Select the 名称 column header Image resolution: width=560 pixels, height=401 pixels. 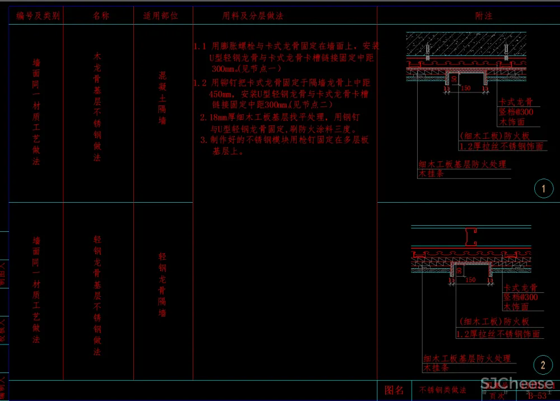tap(101, 16)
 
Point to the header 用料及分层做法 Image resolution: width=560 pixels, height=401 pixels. tap(253, 16)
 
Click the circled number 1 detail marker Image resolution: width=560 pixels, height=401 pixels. tap(543, 189)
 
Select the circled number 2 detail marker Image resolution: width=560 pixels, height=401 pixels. tap(543, 366)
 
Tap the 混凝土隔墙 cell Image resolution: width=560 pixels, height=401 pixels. tap(162, 98)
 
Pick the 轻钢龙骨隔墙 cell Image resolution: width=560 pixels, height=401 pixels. tap(162, 285)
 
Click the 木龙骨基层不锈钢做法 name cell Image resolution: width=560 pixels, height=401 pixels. tap(97, 107)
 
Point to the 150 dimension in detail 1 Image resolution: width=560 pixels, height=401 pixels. tap(465, 88)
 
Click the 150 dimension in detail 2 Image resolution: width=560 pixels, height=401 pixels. tap(470, 279)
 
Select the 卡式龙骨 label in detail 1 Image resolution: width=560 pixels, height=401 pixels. tap(515, 102)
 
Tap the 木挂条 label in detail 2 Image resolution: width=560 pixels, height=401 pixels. tap(436, 368)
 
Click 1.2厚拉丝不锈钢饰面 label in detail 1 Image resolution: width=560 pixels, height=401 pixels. tap(501, 146)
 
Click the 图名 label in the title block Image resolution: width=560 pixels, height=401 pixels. tap(394, 390)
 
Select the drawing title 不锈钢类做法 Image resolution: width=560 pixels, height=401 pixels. tap(443, 390)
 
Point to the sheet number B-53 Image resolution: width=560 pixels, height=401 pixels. tap(537, 395)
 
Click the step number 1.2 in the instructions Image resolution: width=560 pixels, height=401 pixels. tap(200, 83)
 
